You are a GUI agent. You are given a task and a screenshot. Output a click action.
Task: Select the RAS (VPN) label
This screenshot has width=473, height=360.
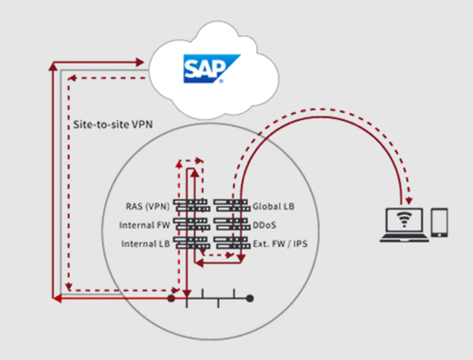click(x=147, y=207)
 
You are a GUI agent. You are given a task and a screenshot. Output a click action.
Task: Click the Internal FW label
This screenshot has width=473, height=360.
click(x=145, y=225)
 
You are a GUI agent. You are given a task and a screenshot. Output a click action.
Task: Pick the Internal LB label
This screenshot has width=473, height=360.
click(x=145, y=244)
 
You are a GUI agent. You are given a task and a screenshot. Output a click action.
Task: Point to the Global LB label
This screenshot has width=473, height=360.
click(x=273, y=207)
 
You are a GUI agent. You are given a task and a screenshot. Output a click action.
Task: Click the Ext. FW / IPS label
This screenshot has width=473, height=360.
click(x=280, y=244)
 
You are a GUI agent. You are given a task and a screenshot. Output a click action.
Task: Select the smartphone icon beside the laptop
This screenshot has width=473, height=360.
click(x=440, y=222)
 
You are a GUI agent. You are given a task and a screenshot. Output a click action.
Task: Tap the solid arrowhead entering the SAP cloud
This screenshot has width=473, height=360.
click(x=139, y=62)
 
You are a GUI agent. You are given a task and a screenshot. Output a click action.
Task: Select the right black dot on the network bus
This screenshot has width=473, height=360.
click(x=249, y=298)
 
